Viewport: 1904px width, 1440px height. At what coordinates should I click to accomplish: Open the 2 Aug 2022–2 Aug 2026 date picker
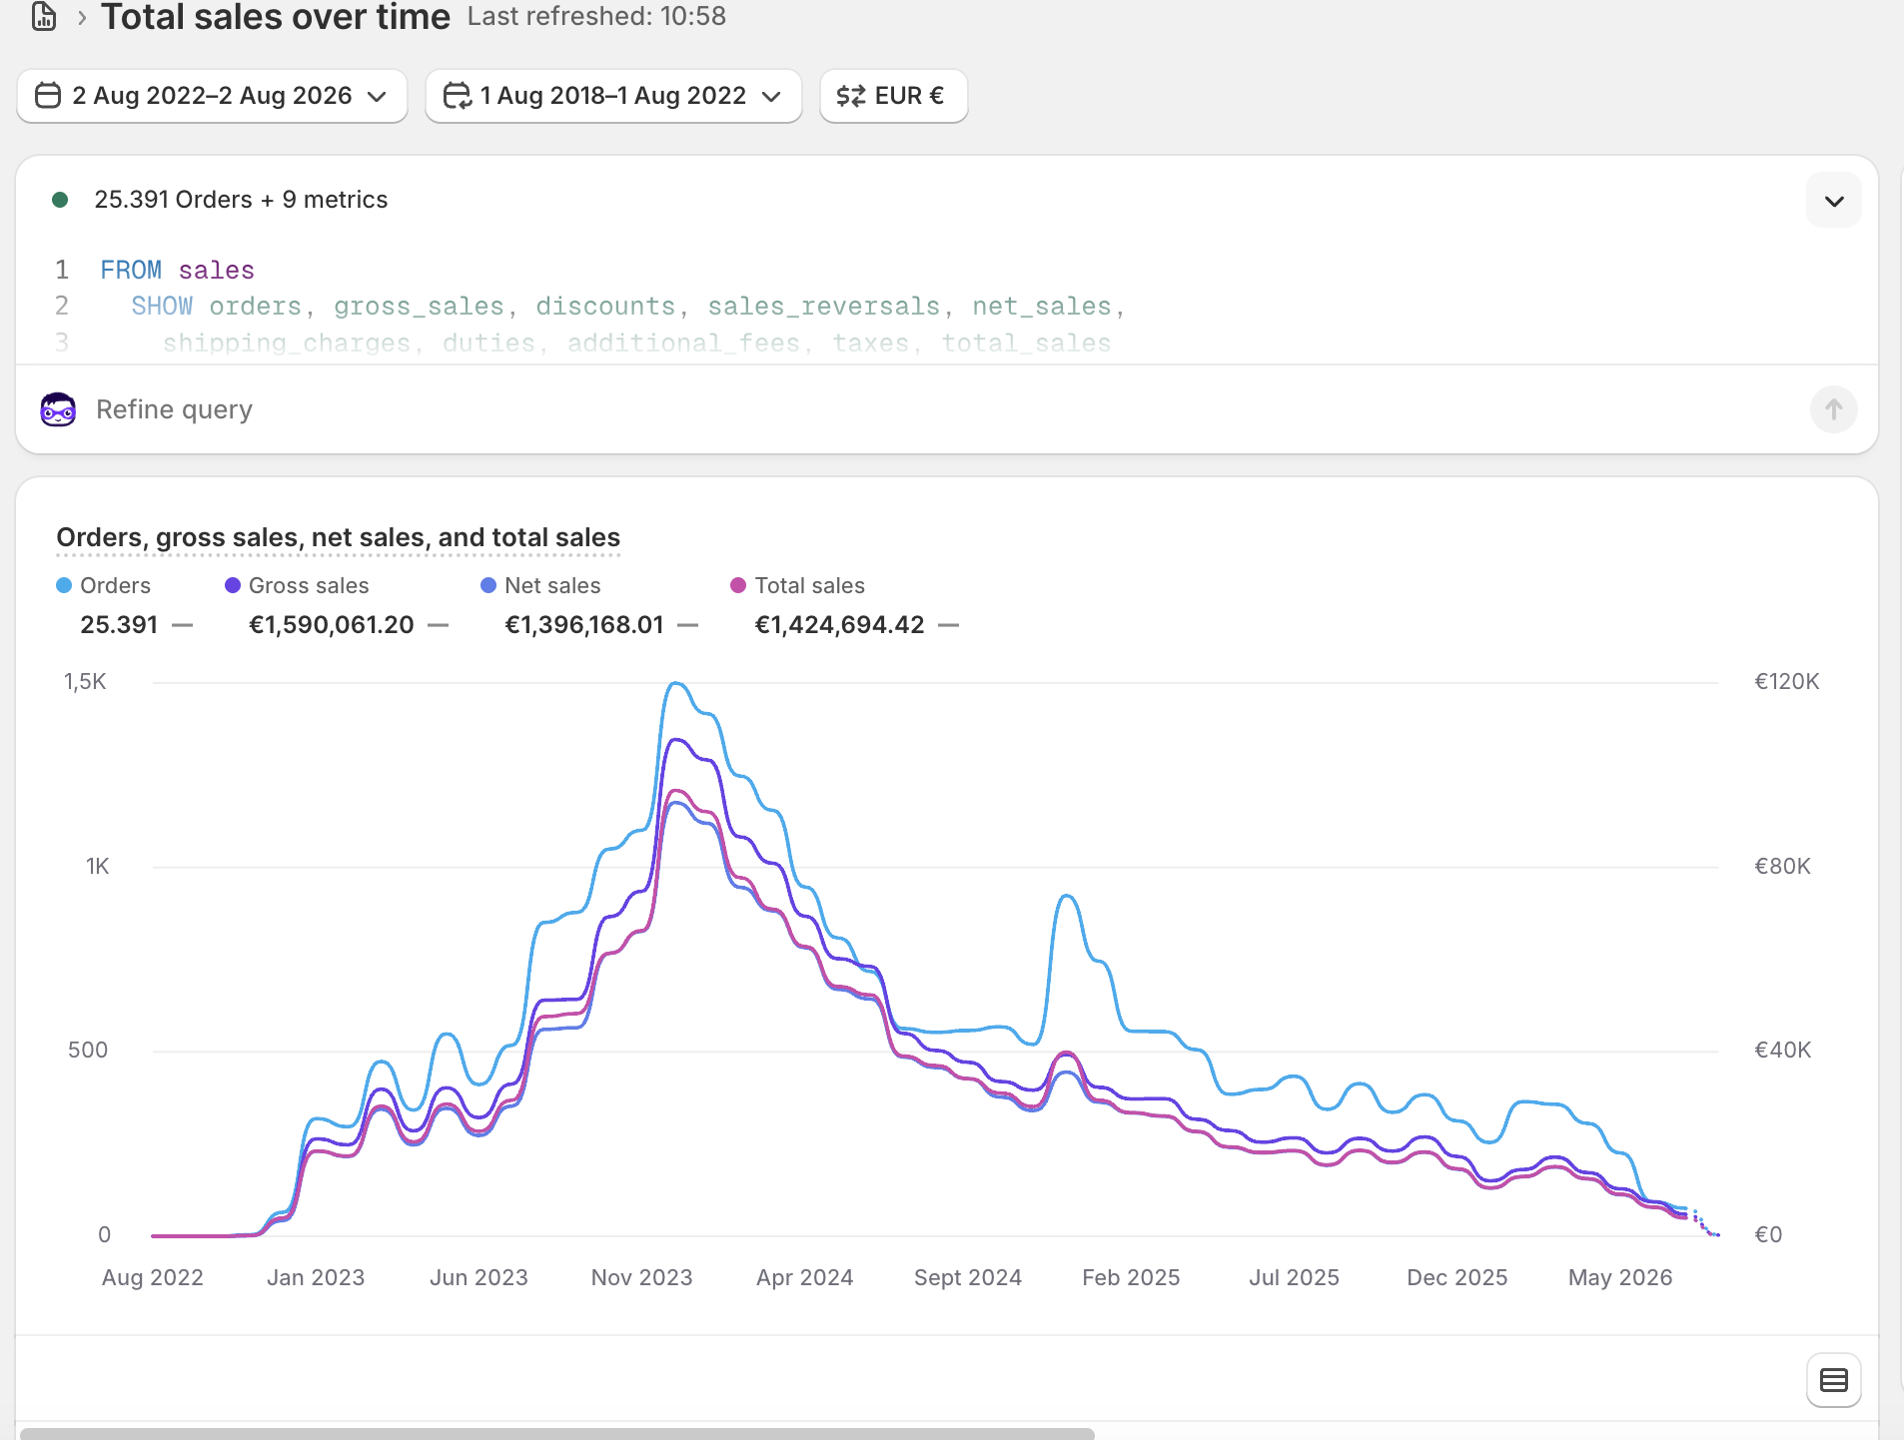(x=212, y=96)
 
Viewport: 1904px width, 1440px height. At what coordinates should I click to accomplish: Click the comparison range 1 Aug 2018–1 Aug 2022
(x=613, y=96)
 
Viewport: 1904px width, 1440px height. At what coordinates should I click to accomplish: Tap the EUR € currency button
(x=893, y=96)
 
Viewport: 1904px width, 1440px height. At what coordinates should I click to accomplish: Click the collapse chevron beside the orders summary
(x=1833, y=201)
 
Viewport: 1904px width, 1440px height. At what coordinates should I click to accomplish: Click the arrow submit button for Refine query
(x=1833, y=409)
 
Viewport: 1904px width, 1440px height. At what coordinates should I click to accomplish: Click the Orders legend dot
(x=64, y=586)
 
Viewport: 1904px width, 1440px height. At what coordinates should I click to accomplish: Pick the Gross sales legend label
(x=309, y=586)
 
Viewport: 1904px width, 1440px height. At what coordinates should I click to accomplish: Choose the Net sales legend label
(x=552, y=586)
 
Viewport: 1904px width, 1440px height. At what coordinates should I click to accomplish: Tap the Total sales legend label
(x=809, y=586)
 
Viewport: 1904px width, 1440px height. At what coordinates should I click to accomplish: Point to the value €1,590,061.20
(x=331, y=625)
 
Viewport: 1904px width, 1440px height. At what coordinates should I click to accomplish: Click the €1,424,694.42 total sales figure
(x=839, y=625)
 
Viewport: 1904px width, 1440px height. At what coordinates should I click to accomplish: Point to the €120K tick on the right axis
(x=1787, y=682)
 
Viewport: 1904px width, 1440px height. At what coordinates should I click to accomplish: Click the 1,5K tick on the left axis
(x=85, y=682)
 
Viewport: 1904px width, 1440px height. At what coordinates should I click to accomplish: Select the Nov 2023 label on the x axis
(x=641, y=1278)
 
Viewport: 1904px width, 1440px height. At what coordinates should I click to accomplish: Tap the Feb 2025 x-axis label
(x=1131, y=1278)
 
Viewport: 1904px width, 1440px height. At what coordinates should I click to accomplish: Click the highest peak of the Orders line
(x=676, y=683)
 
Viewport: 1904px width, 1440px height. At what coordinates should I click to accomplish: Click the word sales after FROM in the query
(x=217, y=271)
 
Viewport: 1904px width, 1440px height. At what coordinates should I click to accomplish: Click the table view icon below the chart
(x=1833, y=1380)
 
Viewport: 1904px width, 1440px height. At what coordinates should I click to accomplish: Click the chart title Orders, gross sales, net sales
(x=338, y=538)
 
